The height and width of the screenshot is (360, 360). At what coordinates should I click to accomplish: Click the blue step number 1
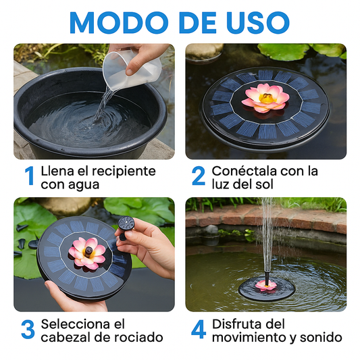(29, 176)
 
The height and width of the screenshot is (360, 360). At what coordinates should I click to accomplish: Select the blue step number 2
(198, 176)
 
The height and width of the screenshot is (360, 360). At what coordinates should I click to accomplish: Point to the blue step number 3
(28, 330)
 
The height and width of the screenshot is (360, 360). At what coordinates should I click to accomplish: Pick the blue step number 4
(198, 330)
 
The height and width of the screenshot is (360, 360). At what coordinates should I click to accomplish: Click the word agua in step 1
(81, 184)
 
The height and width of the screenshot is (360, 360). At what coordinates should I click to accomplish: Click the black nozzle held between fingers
(126, 224)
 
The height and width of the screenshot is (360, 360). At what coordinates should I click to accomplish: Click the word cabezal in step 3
(68, 337)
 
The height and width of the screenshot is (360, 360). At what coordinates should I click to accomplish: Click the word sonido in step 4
(322, 337)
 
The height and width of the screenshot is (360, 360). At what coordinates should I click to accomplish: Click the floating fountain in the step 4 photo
(266, 286)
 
